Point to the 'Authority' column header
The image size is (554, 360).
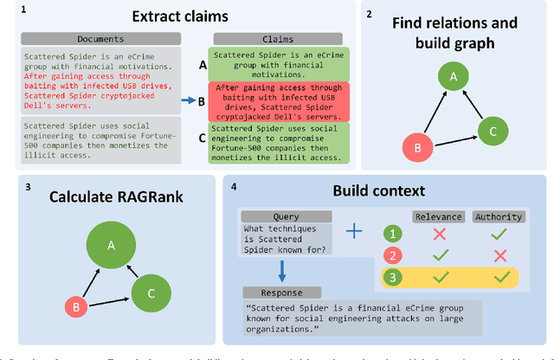(x=498, y=217)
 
